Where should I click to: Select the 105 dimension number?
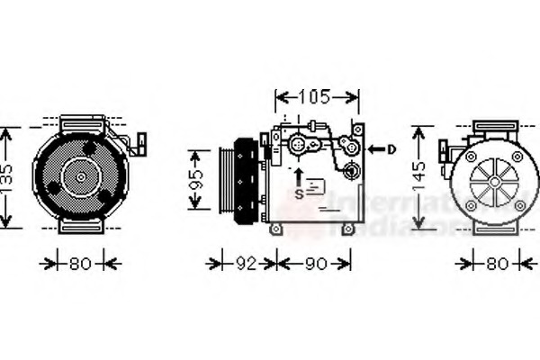[315, 96]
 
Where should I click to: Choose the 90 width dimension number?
[314, 264]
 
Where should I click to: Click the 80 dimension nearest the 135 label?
[80, 264]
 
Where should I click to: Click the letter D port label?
[391, 149]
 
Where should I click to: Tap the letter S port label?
[299, 193]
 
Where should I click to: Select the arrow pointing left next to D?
[375, 149]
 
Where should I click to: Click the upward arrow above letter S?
[299, 174]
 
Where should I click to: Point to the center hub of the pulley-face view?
[80, 177]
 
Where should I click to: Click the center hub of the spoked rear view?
[494, 180]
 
